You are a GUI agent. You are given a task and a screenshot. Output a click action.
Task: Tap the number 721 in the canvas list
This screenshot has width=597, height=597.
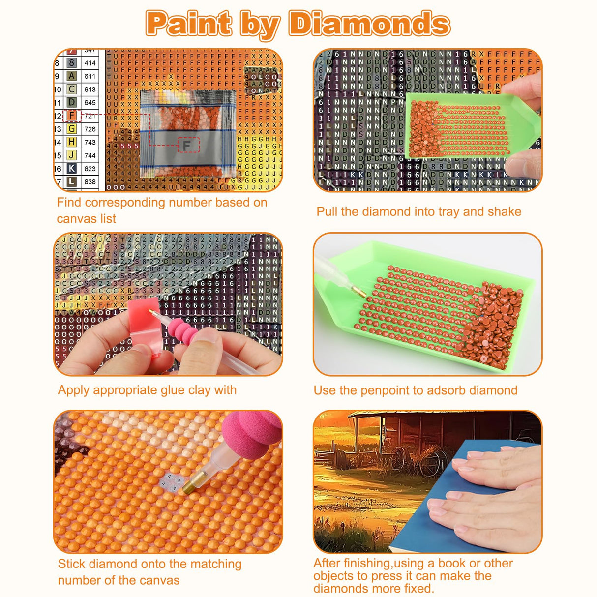tap(90, 116)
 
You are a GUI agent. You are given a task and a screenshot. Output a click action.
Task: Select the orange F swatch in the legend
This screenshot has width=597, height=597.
tap(72, 116)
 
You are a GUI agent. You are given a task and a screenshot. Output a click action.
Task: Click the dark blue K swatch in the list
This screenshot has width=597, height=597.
tap(72, 168)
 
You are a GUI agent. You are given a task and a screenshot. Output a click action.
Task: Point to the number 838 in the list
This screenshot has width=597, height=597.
tap(90, 181)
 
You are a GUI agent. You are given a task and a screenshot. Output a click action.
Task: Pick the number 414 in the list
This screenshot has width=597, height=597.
tap(90, 63)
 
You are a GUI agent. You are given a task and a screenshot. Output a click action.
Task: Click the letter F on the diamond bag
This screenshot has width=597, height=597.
tap(186, 145)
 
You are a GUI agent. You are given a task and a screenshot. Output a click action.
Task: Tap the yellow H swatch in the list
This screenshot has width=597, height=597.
tap(72, 142)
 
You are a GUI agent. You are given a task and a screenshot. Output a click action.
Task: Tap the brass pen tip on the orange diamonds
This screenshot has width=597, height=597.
tap(189, 487)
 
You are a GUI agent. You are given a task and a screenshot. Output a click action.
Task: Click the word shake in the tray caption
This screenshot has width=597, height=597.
tap(505, 211)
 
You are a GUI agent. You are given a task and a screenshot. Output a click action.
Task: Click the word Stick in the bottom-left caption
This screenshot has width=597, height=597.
tap(71, 564)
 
